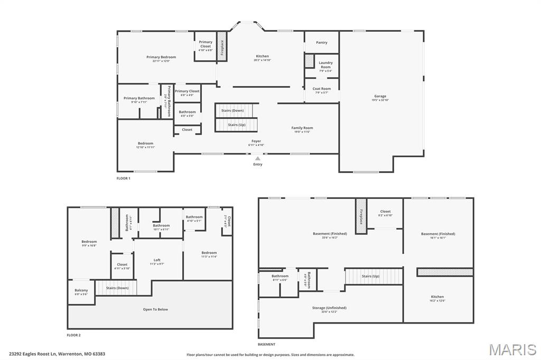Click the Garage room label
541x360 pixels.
380,96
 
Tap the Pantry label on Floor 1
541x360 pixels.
321,43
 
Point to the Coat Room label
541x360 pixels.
321,89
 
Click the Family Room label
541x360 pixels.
302,128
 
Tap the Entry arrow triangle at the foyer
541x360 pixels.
257,158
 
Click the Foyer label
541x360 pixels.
256,141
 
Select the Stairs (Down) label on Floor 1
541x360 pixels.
232,110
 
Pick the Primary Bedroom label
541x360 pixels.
161,57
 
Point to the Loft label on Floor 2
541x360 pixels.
157,260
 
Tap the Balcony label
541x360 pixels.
81,290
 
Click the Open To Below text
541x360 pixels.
155,309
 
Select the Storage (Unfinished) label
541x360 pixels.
330,308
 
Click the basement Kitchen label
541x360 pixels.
437,297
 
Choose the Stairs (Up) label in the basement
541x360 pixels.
370,276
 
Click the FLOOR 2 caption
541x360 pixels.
73,335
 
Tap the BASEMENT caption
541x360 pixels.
266,344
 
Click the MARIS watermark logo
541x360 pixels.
512,349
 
